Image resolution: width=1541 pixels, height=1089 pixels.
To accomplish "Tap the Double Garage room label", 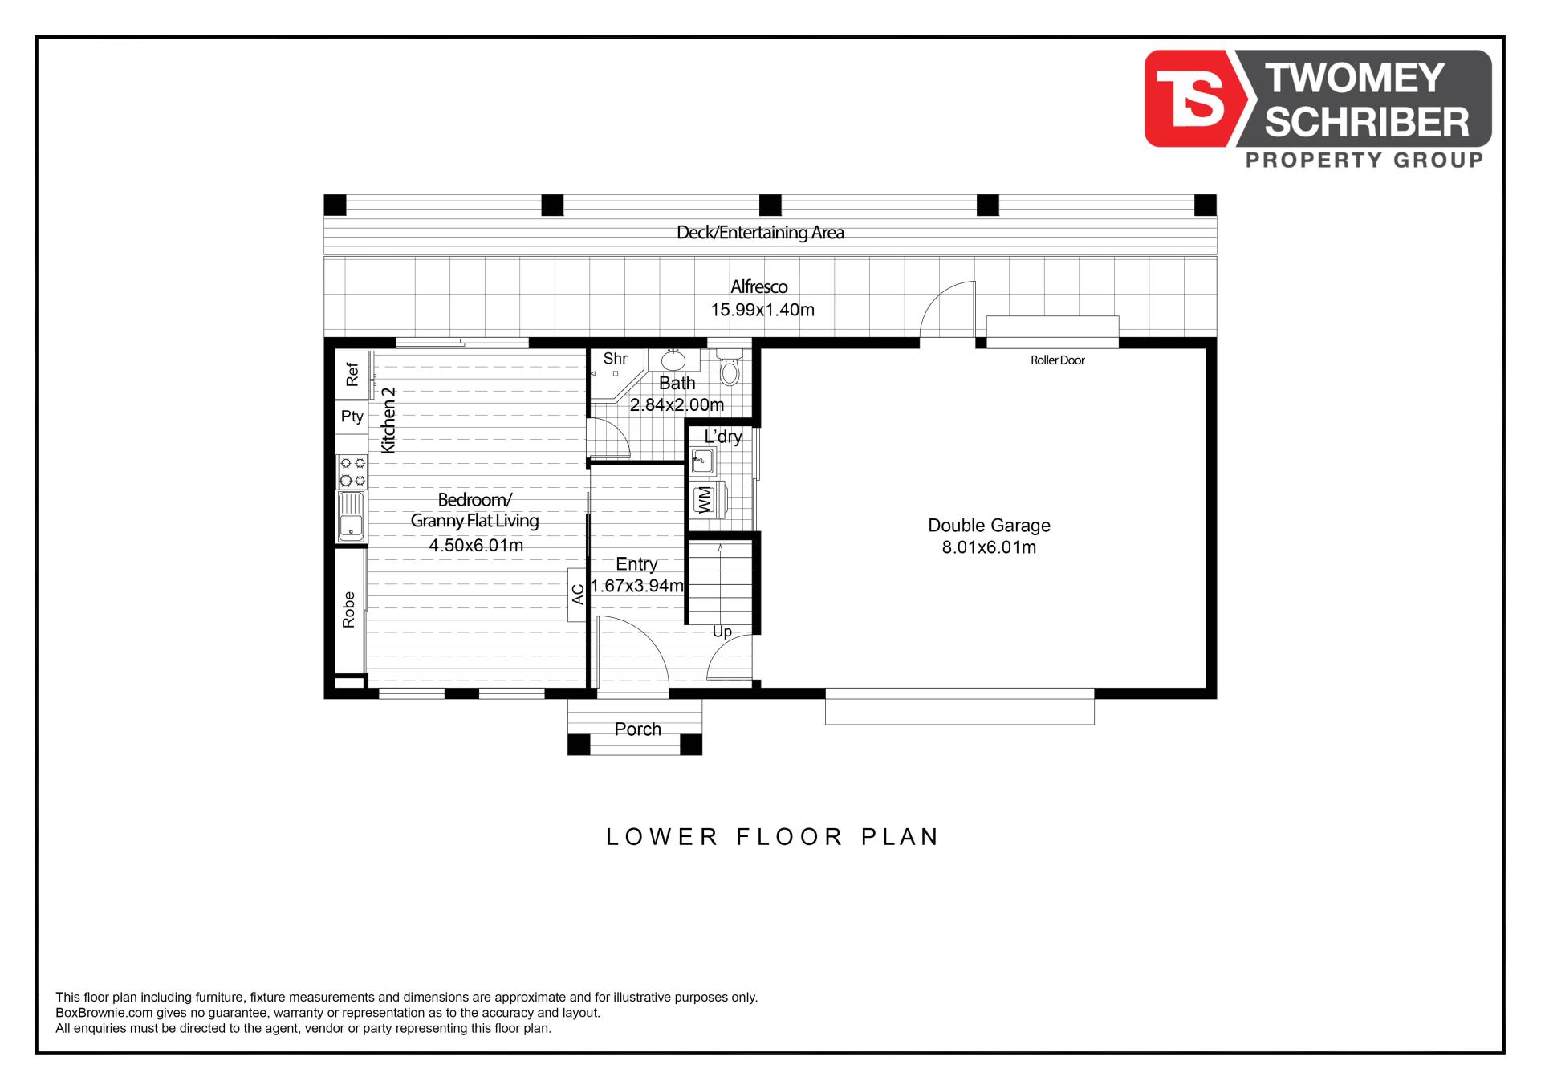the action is pyautogui.click(x=989, y=526).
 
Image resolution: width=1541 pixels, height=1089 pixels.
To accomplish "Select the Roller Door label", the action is pyautogui.click(x=1058, y=360).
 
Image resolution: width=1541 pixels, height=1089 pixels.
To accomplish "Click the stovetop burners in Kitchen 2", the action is pyautogui.click(x=352, y=471).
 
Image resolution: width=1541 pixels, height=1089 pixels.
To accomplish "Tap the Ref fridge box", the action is pyautogui.click(x=352, y=375).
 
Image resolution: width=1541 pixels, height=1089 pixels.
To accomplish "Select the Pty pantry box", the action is pyautogui.click(x=352, y=417).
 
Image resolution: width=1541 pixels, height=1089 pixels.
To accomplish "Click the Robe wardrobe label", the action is pyautogui.click(x=348, y=610).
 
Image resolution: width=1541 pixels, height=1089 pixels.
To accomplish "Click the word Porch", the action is pyautogui.click(x=638, y=729).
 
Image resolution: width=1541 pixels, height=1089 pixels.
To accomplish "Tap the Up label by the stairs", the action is pyautogui.click(x=722, y=632).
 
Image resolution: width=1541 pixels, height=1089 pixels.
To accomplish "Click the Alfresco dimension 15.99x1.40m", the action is pyautogui.click(x=762, y=310).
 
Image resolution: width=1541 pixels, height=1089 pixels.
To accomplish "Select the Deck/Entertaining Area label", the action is pyautogui.click(x=760, y=233).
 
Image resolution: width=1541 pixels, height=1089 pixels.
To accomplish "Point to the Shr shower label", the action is pyautogui.click(x=616, y=359).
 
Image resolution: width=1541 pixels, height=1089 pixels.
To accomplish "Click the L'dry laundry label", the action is pyautogui.click(x=723, y=437).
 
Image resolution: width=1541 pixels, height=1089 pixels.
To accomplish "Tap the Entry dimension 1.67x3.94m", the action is pyautogui.click(x=637, y=586).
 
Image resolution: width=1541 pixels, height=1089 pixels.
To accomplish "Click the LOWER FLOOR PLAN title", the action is pyautogui.click(x=773, y=837).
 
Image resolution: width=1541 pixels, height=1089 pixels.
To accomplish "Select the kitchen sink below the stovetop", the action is pyautogui.click(x=351, y=516).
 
